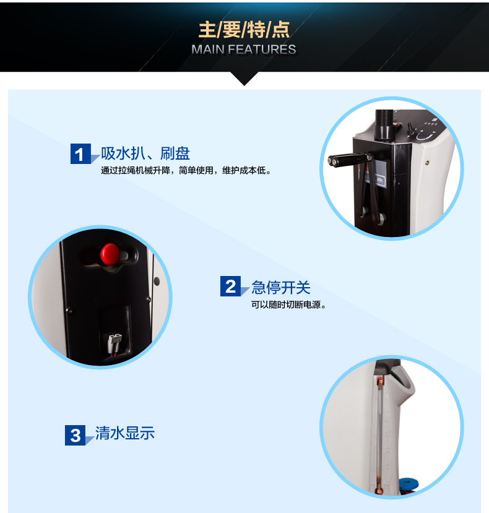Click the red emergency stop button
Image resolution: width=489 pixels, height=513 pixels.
click(x=110, y=254)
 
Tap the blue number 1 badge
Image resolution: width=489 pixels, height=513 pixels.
click(x=80, y=153)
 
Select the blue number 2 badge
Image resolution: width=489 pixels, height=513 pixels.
click(x=230, y=287)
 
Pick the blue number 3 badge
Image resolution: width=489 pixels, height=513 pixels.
click(x=76, y=435)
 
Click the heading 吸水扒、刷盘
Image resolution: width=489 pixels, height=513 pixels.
click(x=145, y=153)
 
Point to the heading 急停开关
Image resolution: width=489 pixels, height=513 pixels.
click(x=281, y=287)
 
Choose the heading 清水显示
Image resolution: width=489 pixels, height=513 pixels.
click(x=124, y=433)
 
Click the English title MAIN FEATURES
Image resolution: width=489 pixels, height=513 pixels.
click(x=244, y=50)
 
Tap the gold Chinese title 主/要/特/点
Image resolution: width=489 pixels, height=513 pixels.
click(x=244, y=30)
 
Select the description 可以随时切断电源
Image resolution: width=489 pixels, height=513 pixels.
click(x=288, y=304)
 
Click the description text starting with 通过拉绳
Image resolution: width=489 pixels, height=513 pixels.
click(x=186, y=170)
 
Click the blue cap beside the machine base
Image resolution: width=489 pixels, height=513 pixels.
click(x=409, y=483)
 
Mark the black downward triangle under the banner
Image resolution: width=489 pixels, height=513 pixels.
click(x=244, y=78)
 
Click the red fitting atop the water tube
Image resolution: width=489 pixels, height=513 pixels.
click(x=380, y=381)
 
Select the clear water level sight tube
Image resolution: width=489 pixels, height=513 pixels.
click(x=380, y=435)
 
